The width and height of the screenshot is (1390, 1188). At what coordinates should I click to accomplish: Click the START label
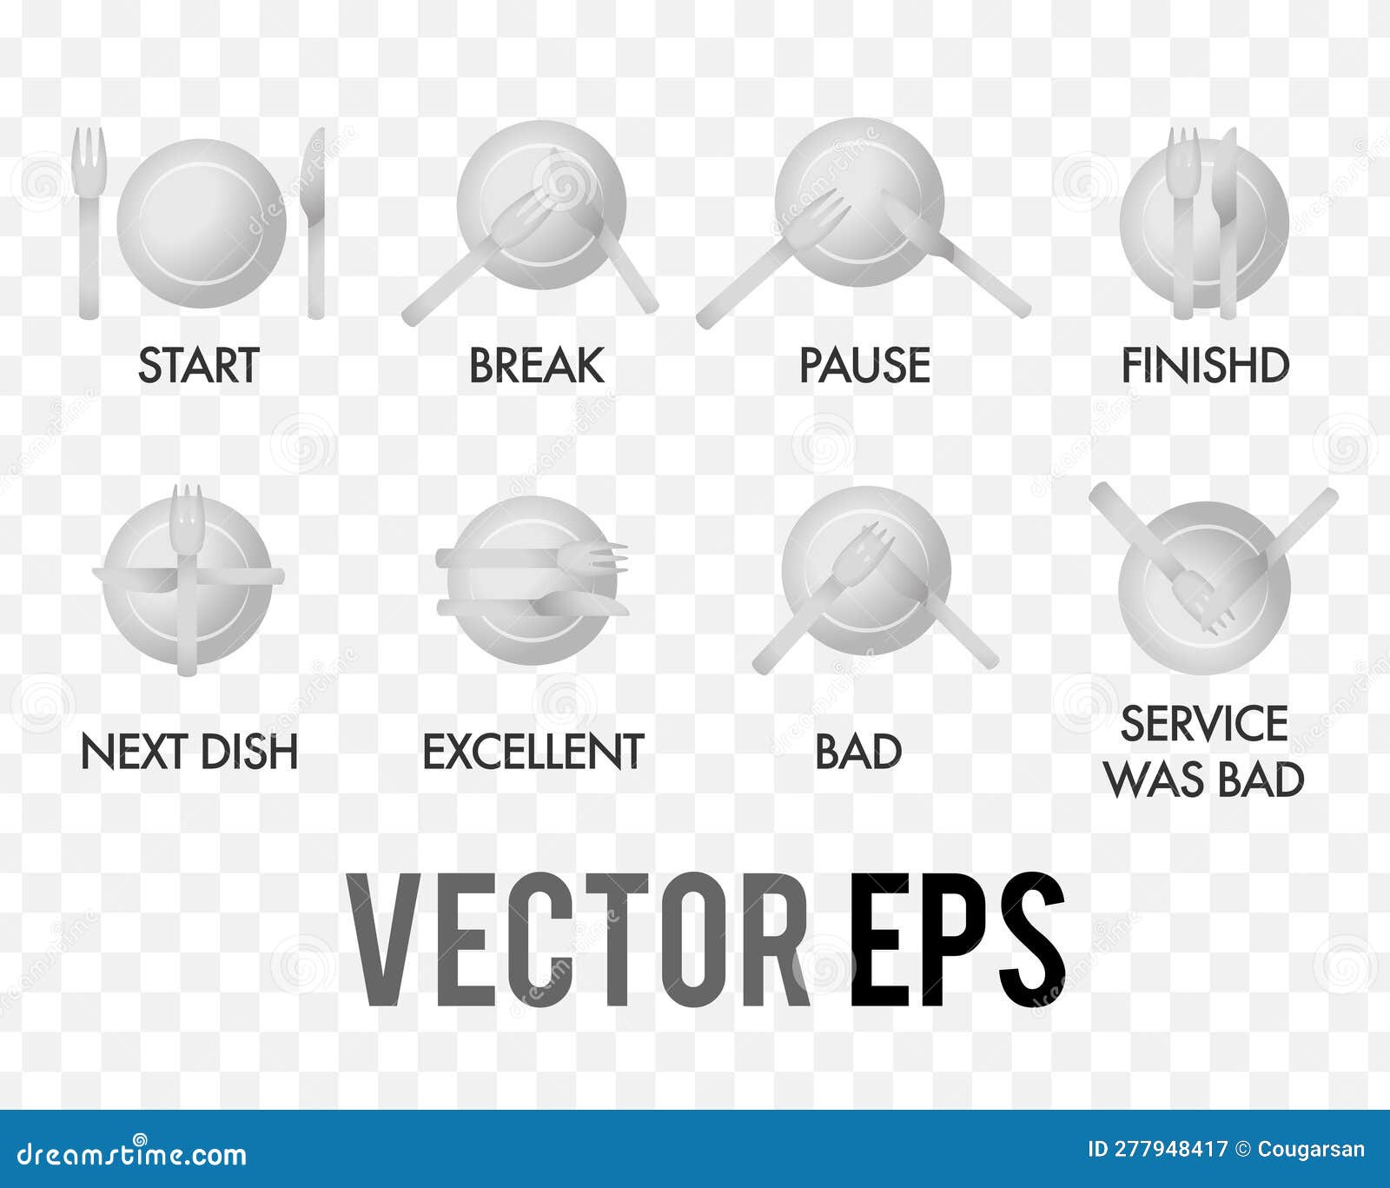199,365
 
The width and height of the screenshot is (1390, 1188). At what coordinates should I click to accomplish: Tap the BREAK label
537,365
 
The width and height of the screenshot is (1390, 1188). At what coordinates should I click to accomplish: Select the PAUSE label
864,365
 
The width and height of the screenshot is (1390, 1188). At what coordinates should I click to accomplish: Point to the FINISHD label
1205,365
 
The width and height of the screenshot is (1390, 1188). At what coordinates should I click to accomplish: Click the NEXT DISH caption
189,752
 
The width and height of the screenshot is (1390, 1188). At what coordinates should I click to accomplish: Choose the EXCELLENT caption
533,752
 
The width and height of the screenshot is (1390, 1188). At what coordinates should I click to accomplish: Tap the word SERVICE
1204,724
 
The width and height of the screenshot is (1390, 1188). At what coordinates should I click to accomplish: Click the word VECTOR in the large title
578,941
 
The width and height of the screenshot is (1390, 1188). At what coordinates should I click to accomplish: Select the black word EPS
957,941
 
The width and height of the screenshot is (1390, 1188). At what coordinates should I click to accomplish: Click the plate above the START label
202,222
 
